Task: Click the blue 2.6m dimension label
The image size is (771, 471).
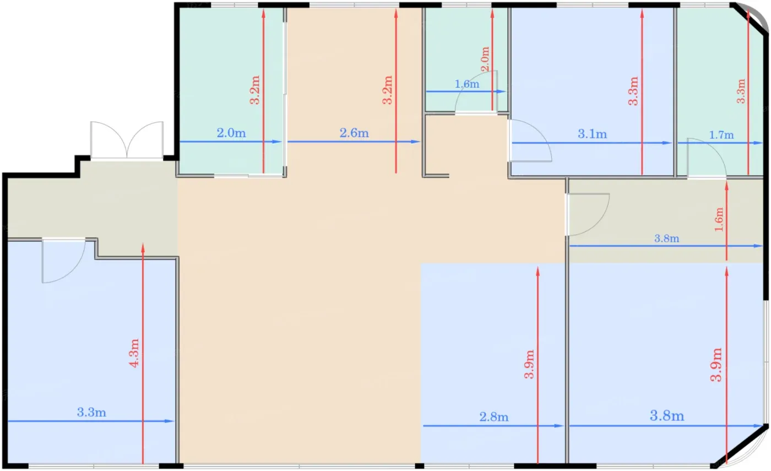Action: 354,133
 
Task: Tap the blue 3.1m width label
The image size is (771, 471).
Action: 592,134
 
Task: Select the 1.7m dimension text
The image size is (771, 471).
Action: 721,135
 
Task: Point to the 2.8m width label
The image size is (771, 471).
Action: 493,417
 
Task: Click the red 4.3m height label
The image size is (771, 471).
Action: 134,353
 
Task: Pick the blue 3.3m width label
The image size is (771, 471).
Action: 91,412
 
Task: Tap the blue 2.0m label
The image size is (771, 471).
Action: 231,133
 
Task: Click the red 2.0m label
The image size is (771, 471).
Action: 485,59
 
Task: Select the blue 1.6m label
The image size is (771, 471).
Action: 467,84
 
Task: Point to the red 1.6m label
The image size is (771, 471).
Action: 719,219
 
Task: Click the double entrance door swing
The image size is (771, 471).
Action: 127,140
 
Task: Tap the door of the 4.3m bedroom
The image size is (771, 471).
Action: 64,261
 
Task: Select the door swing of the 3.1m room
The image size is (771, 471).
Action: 530,140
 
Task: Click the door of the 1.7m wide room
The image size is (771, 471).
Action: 707,158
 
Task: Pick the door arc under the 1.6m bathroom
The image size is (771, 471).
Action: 476,91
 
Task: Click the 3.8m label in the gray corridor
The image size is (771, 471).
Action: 666,238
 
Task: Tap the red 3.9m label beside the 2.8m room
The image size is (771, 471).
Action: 529,364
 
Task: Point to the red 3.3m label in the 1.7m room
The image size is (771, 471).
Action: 741,91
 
